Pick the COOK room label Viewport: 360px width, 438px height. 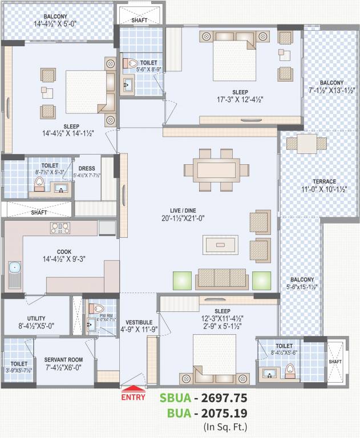coord(64,252)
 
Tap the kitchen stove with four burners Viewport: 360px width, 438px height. coord(60,228)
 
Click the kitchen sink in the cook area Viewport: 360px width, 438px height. coord(14,267)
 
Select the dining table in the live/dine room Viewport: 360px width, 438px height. coord(216,170)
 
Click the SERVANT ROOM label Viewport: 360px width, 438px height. coord(64,360)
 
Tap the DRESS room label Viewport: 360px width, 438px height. coord(87,168)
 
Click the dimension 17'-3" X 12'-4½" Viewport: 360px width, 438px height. coord(240,99)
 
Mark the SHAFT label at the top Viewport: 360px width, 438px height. coord(139,21)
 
